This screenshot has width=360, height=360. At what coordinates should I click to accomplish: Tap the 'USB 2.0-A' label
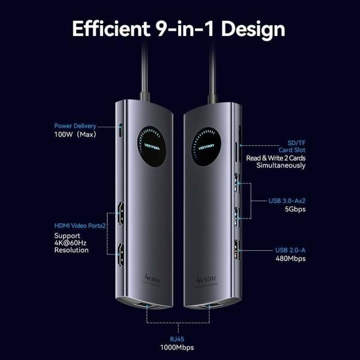[x=290, y=250]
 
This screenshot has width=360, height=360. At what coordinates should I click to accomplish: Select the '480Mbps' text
[x=291, y=259]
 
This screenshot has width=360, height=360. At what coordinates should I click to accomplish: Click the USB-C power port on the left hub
[x=121, y=130]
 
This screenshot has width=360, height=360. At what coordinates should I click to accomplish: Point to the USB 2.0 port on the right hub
[x=236, y=250]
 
